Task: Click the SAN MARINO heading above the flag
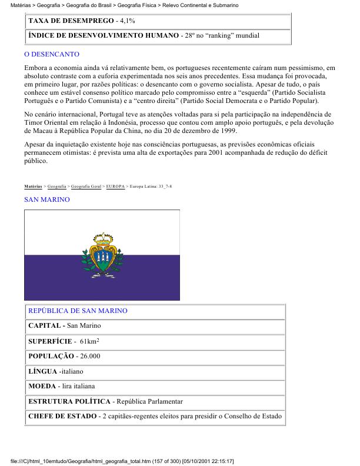tap(46, 200)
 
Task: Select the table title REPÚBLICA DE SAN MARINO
tap(78, 311)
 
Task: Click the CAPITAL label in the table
tap(46, 325)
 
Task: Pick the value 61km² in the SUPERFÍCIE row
tap(88, 341)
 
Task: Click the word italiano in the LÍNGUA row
tap(71, 372)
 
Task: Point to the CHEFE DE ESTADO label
tap(62, 417)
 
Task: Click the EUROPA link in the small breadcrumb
tap(115, 186)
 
